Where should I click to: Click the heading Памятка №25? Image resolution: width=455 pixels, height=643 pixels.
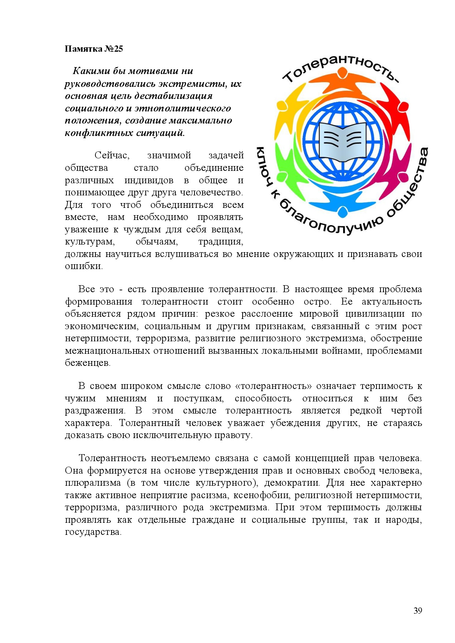(x=94, y=49)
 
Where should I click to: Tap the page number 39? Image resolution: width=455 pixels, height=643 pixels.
(x=418, y=610)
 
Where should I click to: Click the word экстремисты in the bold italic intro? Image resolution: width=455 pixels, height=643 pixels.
(x=200, y=84)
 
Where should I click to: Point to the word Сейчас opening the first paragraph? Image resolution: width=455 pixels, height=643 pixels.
(x=112, y=155)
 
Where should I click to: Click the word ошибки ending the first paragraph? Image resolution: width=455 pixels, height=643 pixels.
(x=84, y=266)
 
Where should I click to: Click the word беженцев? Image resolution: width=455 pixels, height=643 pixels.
(x=88, y=363)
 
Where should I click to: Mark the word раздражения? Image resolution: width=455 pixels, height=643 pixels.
(x=95, y=411)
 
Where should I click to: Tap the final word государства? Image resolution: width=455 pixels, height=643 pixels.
(x=93, y=532)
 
